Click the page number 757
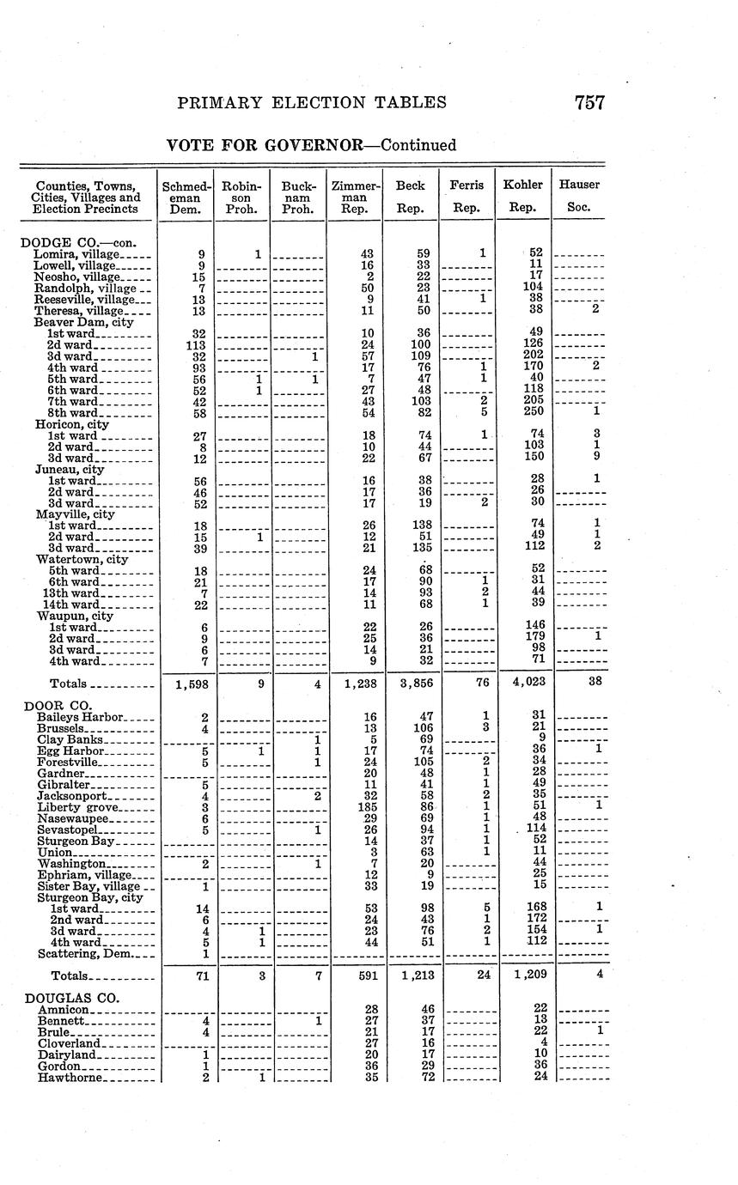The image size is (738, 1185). [589, 103]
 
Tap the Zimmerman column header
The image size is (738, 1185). [355, 196]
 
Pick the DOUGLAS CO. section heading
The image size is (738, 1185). [71, 998]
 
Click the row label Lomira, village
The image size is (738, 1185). [76, 254]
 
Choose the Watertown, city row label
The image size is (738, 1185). [82, 559]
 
